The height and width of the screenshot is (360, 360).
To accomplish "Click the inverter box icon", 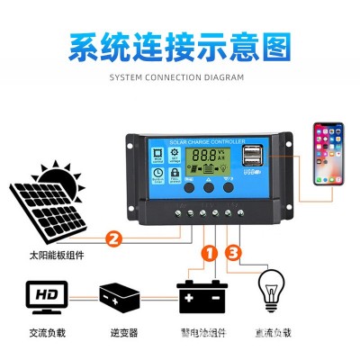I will click(120, 295).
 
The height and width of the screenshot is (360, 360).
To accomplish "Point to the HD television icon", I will click(43, 294).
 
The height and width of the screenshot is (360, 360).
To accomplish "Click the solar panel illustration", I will click(45, 208).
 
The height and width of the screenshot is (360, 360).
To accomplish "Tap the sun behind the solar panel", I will click(57, 174).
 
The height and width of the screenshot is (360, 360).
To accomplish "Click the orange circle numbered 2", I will click(113, 238).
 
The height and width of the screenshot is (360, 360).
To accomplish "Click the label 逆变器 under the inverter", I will click(120, 331).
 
